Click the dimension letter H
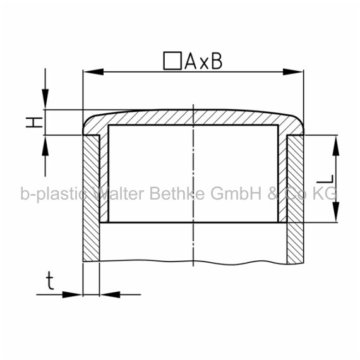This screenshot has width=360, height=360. point(34,122)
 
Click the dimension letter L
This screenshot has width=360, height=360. point(325,179)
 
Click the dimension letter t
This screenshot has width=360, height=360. point(50,280)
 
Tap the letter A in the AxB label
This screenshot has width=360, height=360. point(190,61)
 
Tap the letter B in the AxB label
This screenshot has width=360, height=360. point(217,61)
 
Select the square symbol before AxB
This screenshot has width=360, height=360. point(172,61)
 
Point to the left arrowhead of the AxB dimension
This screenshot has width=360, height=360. point(93,71)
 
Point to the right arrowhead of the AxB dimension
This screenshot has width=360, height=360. point(293,71)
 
